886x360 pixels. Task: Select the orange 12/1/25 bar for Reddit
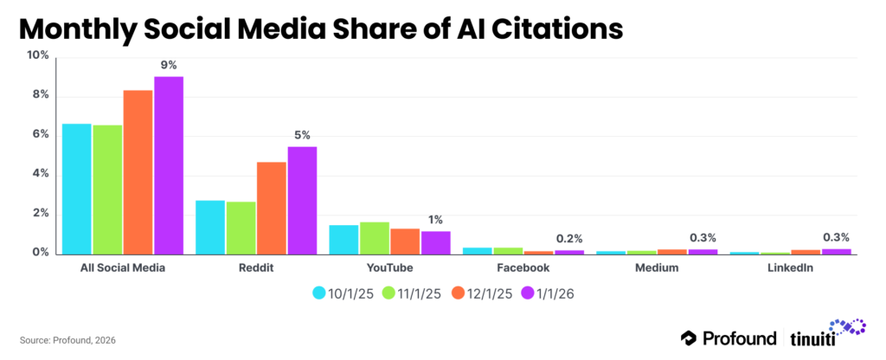[x=272, y=208]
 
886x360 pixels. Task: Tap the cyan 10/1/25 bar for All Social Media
[x=77, y=189]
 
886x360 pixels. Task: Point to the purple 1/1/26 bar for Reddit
[x=302, y=200]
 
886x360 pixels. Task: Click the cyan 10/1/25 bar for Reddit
[x=210, y=227]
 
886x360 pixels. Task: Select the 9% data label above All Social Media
[x=168, y=65]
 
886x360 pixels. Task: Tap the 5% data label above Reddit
[x=302, y=135]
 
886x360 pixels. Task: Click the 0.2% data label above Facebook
[x=568, y=238]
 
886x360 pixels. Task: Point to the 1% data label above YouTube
[x=435, y=220]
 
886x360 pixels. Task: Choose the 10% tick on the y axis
[x=38, y=55]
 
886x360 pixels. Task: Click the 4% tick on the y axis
[x=41, y=174]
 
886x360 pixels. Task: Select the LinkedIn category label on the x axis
[x=789, y=268]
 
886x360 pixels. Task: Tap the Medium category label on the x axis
[x=656, y=268]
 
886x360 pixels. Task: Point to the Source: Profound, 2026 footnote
[x=67, y=340]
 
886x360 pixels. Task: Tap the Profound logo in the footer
[x=729, y=337]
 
